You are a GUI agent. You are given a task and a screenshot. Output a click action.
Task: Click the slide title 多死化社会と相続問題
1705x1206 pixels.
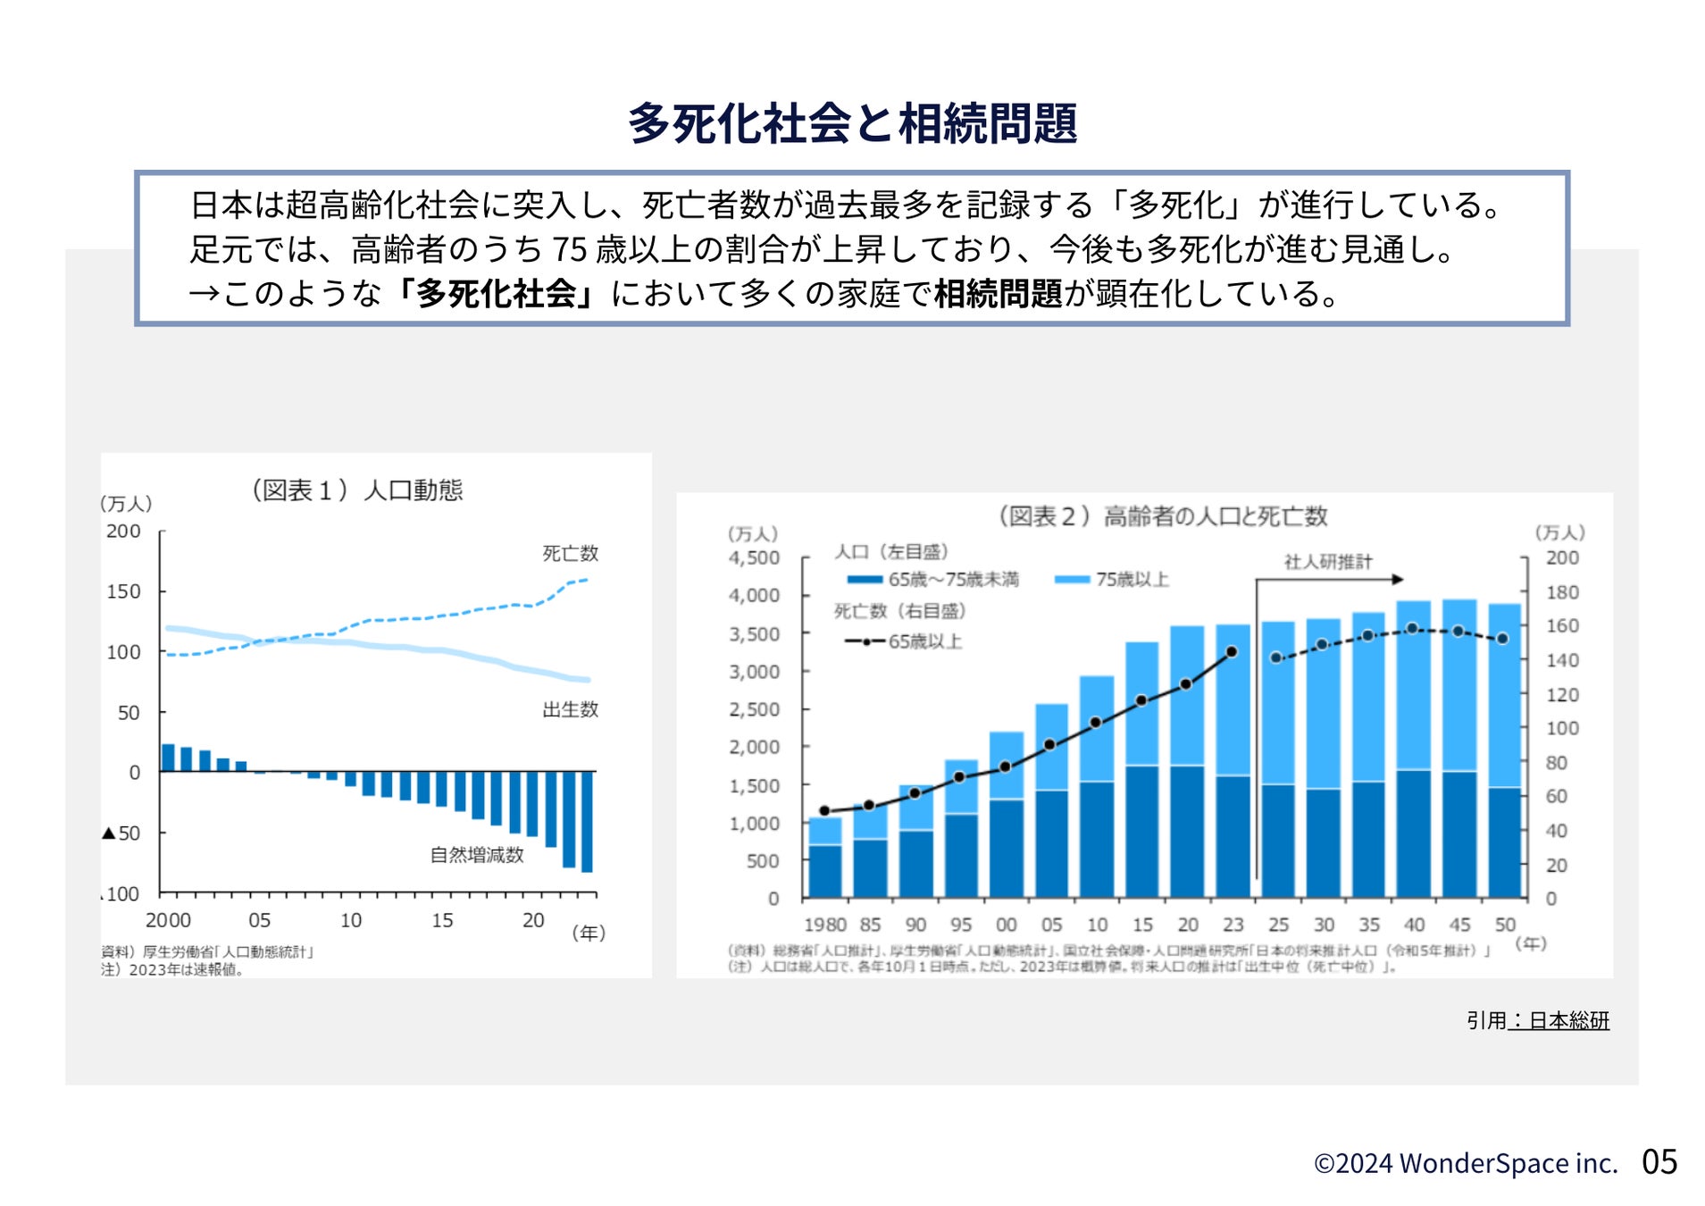pos(852,123)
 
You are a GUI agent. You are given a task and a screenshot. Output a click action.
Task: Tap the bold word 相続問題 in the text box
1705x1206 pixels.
pos(998,294)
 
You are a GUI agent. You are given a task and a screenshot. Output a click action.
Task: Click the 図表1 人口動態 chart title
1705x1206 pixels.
pos(357,490)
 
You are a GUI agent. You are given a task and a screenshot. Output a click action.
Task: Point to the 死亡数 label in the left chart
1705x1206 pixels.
pos(570,554)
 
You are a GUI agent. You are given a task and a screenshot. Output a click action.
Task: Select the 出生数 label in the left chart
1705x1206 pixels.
pos(570,710)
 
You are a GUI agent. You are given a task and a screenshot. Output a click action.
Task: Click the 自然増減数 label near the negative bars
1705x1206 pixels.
pos(477,855)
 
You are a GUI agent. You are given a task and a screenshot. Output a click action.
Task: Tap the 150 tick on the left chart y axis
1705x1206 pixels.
pos(124,591)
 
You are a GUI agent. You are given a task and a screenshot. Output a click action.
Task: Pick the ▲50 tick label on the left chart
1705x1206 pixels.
pos(121,833)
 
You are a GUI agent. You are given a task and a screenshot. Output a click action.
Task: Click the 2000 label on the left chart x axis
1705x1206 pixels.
pos(168,920)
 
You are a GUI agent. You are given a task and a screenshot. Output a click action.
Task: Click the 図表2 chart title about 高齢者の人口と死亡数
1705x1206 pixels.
pos(1162,516)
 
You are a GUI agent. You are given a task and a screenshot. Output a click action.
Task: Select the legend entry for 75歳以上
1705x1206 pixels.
pos(1113,580)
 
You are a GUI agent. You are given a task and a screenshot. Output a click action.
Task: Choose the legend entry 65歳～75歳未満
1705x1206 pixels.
pos(933,580)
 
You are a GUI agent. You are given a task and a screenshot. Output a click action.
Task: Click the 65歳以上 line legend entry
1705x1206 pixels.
pos(904,641)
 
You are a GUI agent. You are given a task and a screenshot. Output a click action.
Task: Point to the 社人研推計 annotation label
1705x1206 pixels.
pos(1328,562)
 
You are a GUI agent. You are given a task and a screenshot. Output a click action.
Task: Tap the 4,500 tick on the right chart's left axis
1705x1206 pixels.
pos(754,558)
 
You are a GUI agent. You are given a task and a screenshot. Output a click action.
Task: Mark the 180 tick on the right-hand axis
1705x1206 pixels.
pos(1562,592)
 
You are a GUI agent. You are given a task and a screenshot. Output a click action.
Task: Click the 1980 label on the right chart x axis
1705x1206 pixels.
pos(824,925)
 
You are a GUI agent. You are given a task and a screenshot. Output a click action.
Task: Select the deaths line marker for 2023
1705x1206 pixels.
pos(1232,652)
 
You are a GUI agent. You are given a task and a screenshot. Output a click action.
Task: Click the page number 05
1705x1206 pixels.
pos(1659,1162)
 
